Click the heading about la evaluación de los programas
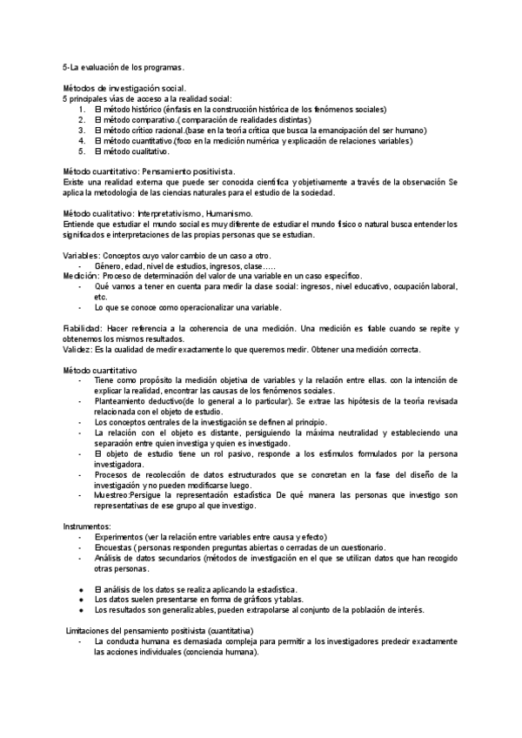click(124, 67)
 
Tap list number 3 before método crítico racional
click(80, 130)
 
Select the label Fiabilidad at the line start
click(83, 328)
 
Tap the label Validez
click(77, 349)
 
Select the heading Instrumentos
click(87, 527)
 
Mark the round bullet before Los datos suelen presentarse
click(81, 600)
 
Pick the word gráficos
click(257, 600)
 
